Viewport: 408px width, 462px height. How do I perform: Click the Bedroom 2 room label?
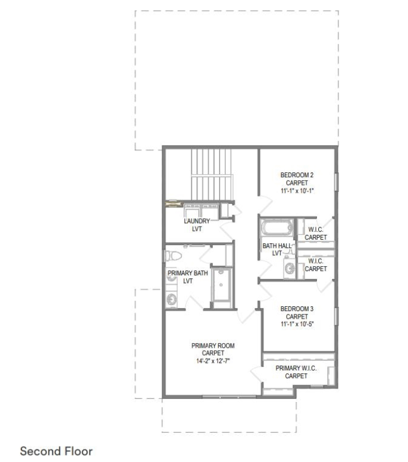(x=297, y=175)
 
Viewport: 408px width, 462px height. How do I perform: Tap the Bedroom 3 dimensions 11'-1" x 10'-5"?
(x=297, y=324)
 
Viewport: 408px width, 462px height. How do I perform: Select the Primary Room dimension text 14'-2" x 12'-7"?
(x=213, y=361)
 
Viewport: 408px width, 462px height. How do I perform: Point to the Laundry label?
(x=197, y=221)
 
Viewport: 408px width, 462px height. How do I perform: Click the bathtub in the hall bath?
(x=277, y=228)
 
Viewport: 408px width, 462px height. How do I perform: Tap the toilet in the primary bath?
(x=173, y=256)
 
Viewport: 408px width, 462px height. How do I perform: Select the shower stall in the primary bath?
(x=221, y=284)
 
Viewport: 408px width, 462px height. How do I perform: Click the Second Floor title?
(x=56, y=451)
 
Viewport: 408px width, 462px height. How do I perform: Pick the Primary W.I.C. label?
(x=296, y=368)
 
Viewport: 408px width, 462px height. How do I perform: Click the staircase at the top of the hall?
(x=212, y=174)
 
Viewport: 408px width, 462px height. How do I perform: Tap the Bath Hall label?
(x=277, y=246)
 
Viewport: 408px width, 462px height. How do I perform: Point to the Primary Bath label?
(x=188, y=273)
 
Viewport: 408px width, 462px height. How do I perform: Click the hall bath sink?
(x=289, y=268)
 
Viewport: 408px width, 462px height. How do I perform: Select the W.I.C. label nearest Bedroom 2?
(x=316, y=230)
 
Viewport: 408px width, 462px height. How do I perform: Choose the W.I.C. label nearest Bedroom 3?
(x=316, y=261)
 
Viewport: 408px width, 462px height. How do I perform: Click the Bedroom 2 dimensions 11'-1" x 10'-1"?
(x=297, y=191)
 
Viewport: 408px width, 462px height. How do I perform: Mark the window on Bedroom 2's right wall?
(x=337, y=182)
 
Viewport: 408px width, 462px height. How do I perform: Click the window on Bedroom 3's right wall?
(x=337, y=316)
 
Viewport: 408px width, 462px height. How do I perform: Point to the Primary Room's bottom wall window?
(x=229, y=397)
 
